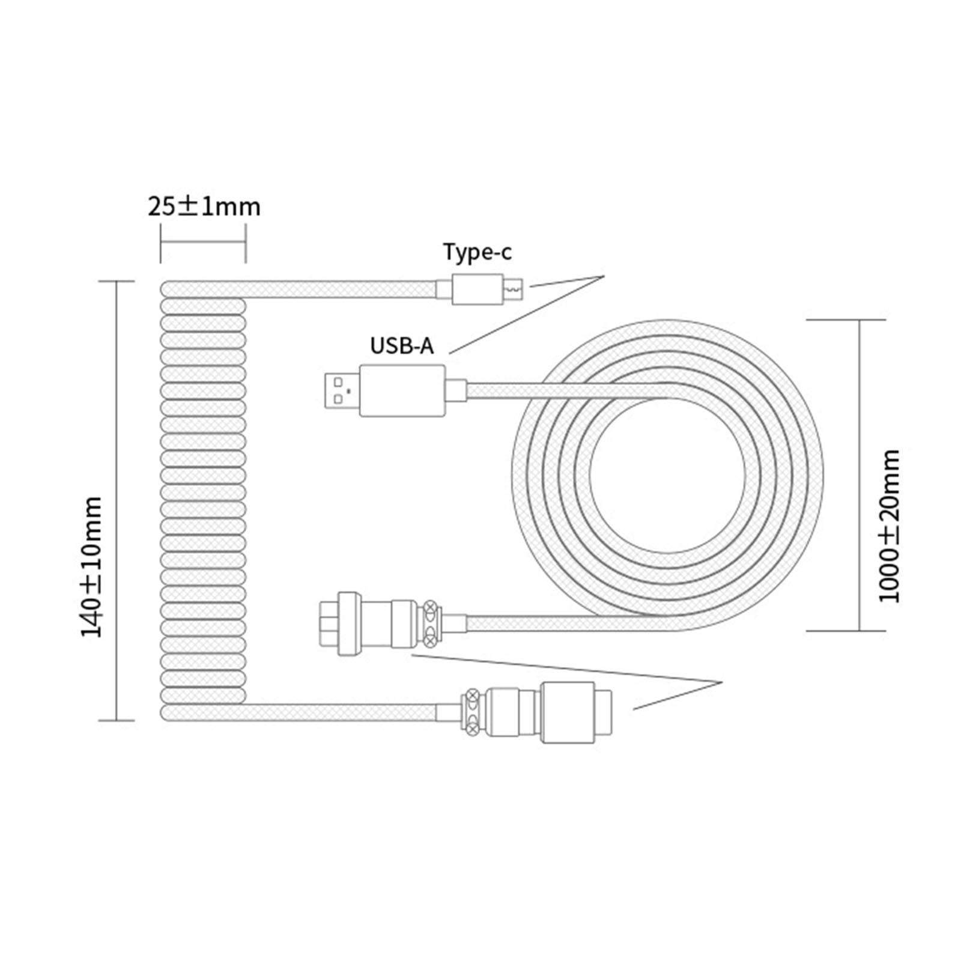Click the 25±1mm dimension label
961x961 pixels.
(204, 207)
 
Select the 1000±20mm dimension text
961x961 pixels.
(890, 525)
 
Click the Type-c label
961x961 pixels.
(477, 252)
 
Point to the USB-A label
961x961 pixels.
(401, 346)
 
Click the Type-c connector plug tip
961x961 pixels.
(514, 291)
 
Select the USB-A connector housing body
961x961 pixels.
(402, 390)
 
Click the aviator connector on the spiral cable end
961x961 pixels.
(535, 712)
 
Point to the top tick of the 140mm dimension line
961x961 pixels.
(117, 280)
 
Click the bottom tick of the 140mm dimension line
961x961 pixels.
(117, 720)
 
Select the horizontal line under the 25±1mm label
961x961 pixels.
(203, 243)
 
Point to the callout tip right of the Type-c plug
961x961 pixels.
(602, 276)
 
